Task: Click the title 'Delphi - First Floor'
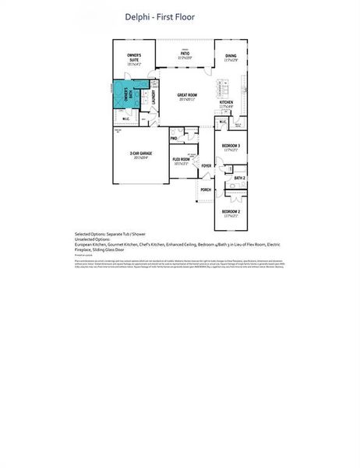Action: pos(160,16)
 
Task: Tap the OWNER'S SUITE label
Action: pos(134,56)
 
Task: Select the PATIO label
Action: pos(184,55)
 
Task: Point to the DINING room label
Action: pos(231,56)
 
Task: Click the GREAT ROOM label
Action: pos(187,96)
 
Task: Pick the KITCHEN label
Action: pos(226,103)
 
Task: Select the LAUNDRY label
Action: pos(154,97)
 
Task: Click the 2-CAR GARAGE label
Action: pos(140,154)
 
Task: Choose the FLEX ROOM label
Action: pos(182,160)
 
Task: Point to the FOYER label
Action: pos(206,165)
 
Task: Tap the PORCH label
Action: pos(206,190)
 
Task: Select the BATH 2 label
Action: pos(239,179)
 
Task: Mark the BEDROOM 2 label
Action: pos(231,212)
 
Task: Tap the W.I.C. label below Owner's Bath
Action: pos(126,119)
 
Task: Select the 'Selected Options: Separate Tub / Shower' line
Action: pos(110,234)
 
